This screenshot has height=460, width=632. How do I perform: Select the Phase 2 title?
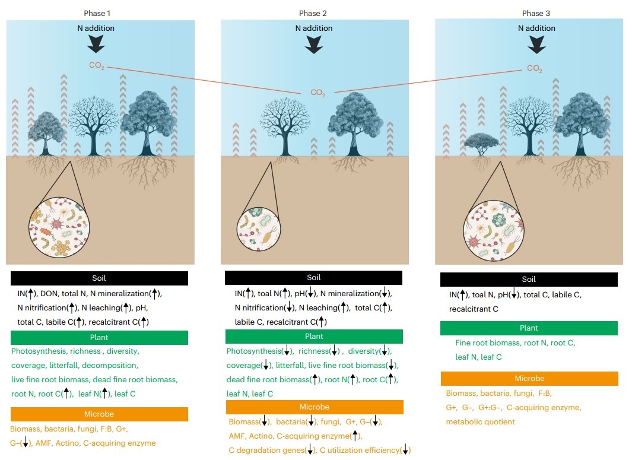[x=313, y=13]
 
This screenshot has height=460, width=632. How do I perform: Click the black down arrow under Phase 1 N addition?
[x=96, y=43]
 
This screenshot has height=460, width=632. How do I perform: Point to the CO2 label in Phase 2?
[x=318, y=93]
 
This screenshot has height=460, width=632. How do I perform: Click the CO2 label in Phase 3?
[x=535, y=69]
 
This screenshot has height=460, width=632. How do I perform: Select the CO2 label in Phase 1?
[x=97, y=66]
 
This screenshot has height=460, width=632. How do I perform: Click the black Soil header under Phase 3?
[x=529, y=279]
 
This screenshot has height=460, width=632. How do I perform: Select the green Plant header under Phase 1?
[x=99, y=338]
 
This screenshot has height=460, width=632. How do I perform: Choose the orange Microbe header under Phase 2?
[x=314, y=407]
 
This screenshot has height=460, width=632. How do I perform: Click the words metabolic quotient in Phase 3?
[x=481, y=422]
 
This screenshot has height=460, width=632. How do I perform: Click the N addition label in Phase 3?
[x=536, y=28]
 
